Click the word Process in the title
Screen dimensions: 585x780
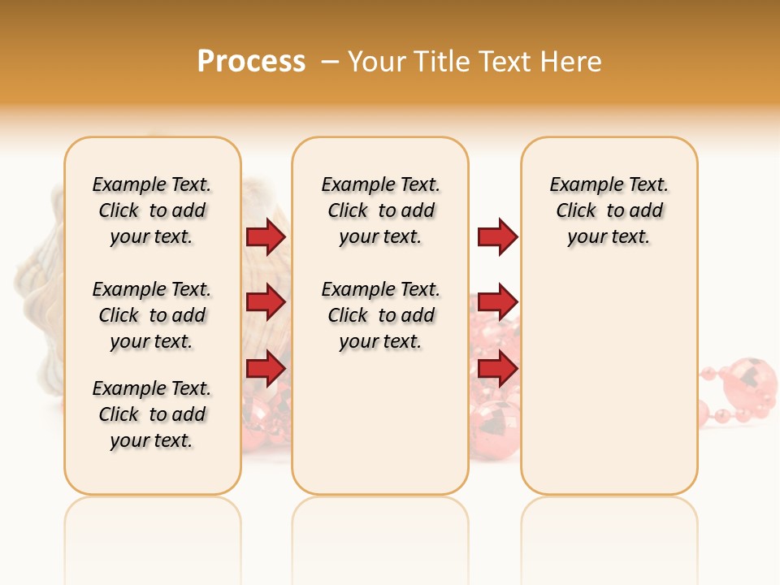pos(251,62)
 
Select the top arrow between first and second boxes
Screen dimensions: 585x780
pos(265,236)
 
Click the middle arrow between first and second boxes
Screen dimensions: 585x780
pos(265,302)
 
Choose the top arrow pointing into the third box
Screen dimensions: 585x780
pos(497,236)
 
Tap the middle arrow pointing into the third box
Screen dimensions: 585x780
pos(497,302)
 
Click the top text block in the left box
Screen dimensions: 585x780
pos(152,210)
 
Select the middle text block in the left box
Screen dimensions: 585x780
pos(152,315)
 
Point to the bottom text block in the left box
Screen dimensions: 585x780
pos(152,414)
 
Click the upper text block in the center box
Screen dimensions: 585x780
pos(380,210)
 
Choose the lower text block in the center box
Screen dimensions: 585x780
pos(380,315)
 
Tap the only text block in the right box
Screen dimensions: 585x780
pos(609,210)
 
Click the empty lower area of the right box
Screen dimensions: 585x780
pos(609,382)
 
